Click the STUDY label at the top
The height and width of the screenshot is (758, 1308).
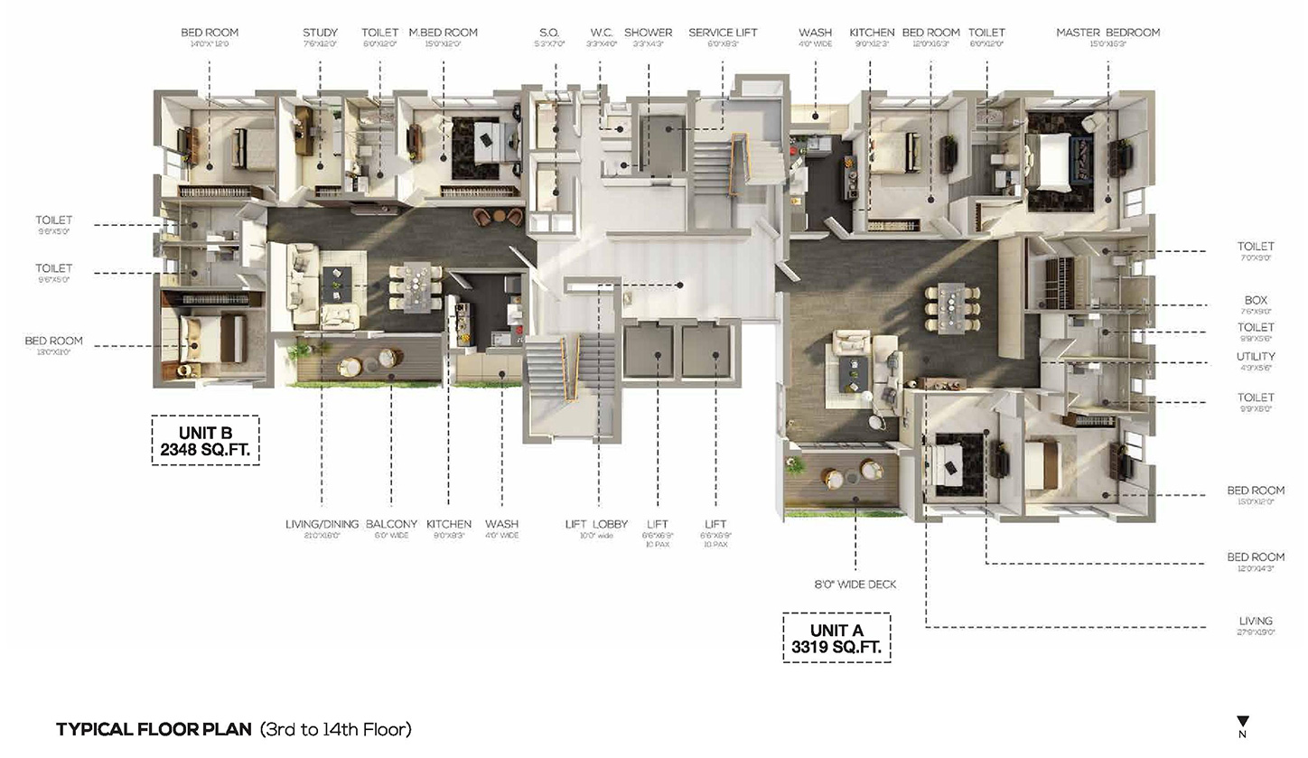[x=320, y=33]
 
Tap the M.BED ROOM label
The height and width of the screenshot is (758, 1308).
[x=443, y=33]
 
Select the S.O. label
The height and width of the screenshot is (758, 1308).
[x=548, y=33]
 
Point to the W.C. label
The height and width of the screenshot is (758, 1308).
[x=602, y=33]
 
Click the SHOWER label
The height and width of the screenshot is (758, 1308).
[x=648, y=33]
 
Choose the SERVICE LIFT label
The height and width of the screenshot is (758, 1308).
[x=722, y=33]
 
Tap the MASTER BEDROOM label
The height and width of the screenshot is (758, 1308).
[x=1107, y=33]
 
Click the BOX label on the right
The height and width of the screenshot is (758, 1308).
[x=1256, y=300]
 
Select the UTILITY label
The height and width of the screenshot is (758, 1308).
[x=1256, y=357]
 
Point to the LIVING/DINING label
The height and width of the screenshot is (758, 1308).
[x=322, y=524]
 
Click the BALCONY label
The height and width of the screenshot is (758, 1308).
[x=391, y=524]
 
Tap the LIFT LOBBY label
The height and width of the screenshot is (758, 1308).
[x=596, y=524]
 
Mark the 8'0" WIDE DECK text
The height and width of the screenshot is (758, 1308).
[x=855, y=585]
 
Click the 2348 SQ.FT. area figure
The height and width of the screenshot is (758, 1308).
[x=205, y=448]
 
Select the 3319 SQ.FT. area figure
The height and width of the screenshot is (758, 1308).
[x=836, y=647]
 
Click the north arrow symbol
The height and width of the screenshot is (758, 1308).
[x=1243, y=723]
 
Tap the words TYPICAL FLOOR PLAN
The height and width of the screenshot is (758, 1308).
[x=154, y=729]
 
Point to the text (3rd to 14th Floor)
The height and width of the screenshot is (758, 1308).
[x=335, y=729]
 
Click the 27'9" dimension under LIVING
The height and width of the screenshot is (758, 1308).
[x=1256, y=632]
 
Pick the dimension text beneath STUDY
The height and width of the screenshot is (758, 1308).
[x=320, y=43]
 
